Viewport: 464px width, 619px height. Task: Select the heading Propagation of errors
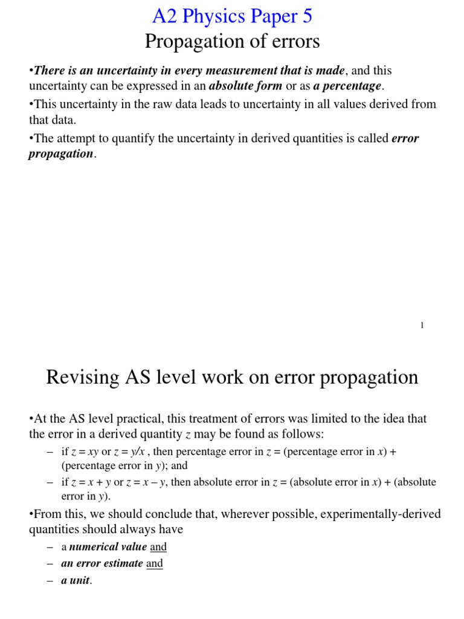[232, 42]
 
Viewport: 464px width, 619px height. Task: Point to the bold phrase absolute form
[245, 86]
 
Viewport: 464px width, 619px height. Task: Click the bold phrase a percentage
[347, 86]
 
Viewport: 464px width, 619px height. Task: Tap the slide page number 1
[422, 325]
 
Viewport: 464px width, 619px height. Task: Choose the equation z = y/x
[129, 452]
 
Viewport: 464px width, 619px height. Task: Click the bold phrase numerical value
[108, 547]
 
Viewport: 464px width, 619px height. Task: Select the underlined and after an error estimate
[155, 563]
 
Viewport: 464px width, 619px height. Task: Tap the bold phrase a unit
[76, 580]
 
